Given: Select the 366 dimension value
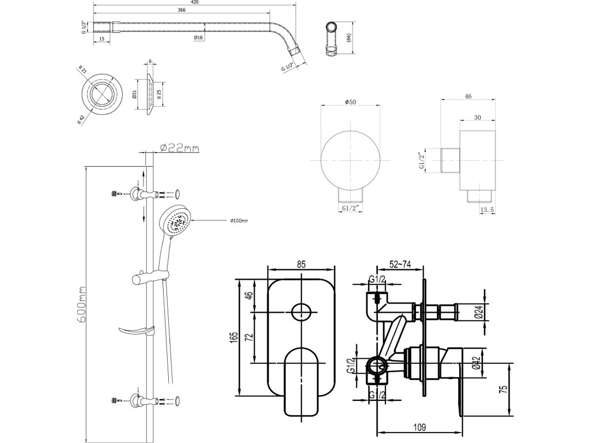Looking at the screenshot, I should point(181,10).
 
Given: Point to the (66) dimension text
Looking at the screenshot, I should point(349,37).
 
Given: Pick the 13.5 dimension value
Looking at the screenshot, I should point(487,211).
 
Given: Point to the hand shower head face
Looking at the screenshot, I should point(176,221).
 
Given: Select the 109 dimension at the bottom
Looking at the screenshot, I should point(419,427).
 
